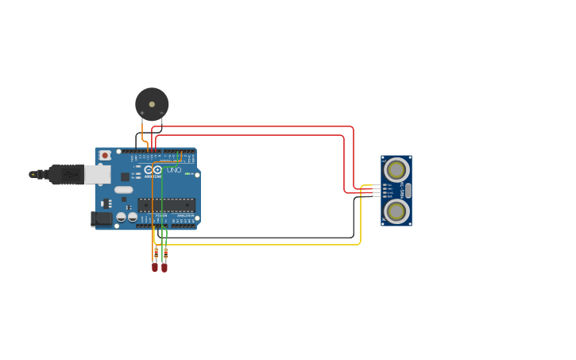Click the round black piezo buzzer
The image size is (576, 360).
point(152,104)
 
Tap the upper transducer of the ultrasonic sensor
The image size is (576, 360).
point(396,169)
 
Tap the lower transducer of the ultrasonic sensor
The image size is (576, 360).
point(396,211)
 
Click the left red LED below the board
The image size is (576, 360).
point(155,267)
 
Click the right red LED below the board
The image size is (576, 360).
point(164,267)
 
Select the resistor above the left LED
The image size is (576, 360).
point(155,252)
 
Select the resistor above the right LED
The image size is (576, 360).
point(165,252)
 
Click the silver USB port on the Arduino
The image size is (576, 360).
point(98,174)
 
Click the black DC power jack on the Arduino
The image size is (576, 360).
point(101,218)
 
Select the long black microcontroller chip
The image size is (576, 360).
point(166,204)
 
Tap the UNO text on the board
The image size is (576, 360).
point(174,170)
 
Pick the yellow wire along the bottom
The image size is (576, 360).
point(262,244)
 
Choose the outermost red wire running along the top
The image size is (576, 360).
point(254,126)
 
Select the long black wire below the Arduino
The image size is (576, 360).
point(262,237)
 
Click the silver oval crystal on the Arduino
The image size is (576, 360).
point(123,189)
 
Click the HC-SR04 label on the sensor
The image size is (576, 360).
point(403,190)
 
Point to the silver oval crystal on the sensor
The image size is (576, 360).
point(408,190)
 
